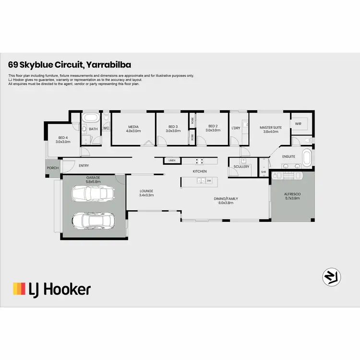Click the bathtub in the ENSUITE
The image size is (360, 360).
coord(308,156)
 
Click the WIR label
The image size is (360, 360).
coord(298,123)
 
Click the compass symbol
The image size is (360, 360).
coord(331,276)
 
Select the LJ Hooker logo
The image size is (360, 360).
coord(51,289)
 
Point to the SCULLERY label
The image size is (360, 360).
coord(241,167)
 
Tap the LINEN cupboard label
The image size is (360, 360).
coord(171,160)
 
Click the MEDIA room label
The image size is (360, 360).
coord(133,128)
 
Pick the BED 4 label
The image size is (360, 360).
coord(63,137)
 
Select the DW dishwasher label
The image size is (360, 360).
coord(209,181)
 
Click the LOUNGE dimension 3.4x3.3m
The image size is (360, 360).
coord(146,195)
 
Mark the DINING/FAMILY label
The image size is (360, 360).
coord(226,198)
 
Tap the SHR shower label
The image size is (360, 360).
coord(263,172)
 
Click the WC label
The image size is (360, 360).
coord(106,128)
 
